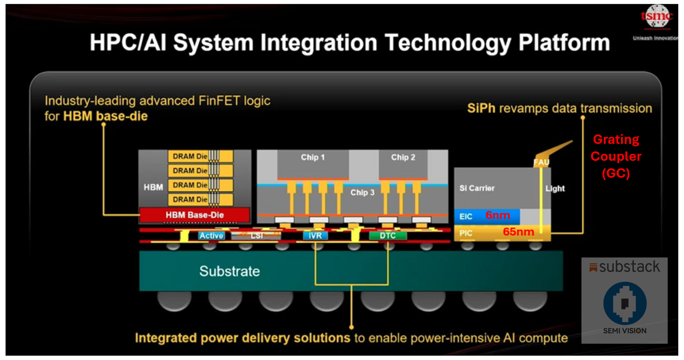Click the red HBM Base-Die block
195,215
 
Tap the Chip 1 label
313,157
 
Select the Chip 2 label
403,157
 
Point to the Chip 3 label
362,192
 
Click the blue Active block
211,236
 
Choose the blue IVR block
315,236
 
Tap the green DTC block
387,236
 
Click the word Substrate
230,271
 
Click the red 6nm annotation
498,216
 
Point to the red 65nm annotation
517,232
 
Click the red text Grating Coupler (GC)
616,157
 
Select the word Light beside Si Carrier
555,188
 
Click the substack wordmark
624,267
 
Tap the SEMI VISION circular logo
625,303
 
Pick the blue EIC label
466,216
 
